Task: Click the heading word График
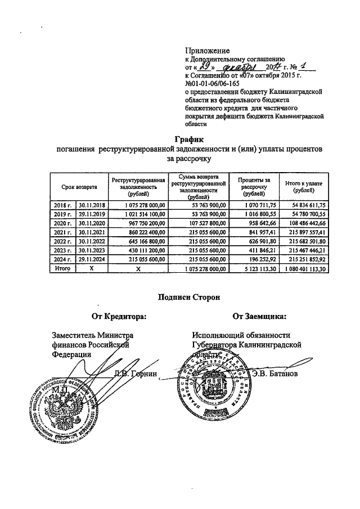coord(186,139)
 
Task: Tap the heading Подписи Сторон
coord(187,297)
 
